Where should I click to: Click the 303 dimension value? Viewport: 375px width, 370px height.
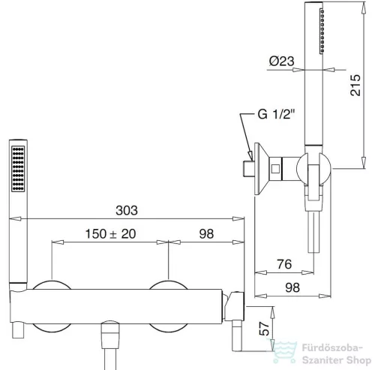127,210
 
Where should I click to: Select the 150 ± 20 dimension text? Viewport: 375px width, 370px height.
110,234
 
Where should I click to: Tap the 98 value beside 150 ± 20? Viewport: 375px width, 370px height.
206,234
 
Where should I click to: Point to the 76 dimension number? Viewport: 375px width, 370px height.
284,264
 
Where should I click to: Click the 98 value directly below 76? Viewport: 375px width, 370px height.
292,287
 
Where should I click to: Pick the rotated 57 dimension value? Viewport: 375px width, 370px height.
265,329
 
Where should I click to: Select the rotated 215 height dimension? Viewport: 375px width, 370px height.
355,85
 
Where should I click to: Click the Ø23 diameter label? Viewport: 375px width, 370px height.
282,61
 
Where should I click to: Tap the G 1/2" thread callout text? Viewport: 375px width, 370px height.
276,114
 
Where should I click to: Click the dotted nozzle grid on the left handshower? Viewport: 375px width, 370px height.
18,169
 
